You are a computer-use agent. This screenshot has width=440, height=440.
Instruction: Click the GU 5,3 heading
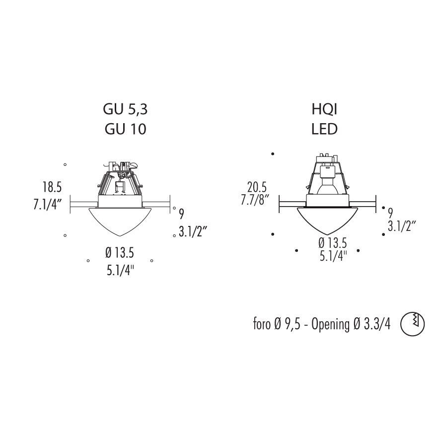coord(125,109)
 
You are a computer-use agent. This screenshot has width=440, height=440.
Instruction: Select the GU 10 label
coord(126,129)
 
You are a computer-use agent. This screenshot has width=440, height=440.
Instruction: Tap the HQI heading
coord(324,109)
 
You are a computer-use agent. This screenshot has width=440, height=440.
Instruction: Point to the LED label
coord(324,129)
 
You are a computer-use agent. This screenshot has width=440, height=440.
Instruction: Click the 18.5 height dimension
coord(52,187)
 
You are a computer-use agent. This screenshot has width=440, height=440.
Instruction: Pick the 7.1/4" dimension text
coord(47,205)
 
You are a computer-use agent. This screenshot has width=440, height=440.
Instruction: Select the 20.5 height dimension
coord(257,187)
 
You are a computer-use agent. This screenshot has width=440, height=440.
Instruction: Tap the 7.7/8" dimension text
coord(255,200)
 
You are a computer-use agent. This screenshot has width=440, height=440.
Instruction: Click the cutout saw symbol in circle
coord(412,324)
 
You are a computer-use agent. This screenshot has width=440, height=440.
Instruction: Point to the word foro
coord(262,324)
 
